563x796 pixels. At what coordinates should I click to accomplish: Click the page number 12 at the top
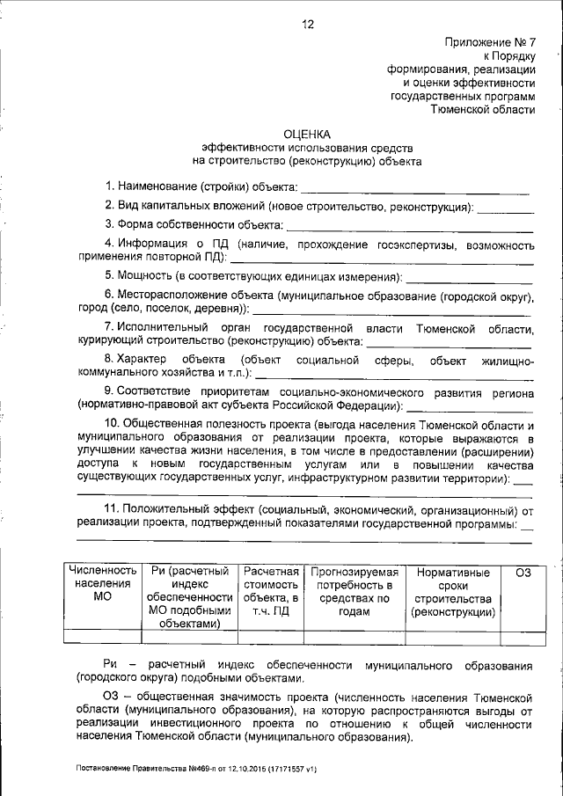tap(308, 25)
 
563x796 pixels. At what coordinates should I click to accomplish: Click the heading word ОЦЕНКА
tap(308, 135)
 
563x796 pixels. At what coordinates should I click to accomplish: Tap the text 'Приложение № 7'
tap(491, 41)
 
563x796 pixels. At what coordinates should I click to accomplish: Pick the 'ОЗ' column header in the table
tap(524, 573)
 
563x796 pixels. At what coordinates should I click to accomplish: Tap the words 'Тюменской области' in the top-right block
tap(482, 110)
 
